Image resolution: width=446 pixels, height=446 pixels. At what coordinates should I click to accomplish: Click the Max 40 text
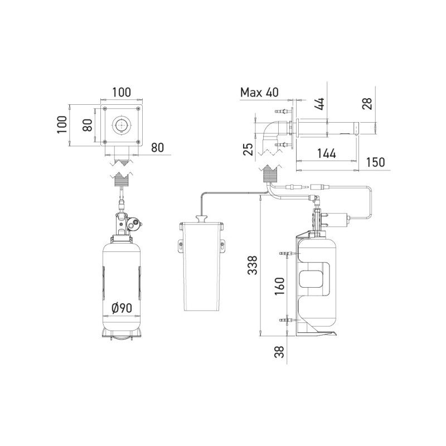[x=259, y=93]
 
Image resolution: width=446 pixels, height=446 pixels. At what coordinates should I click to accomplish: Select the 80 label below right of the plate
[x=158, y=148]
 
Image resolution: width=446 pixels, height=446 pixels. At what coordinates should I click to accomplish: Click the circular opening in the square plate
[x=120, y=125]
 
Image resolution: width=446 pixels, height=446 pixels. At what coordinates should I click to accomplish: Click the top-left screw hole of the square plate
[x=105, y=108]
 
